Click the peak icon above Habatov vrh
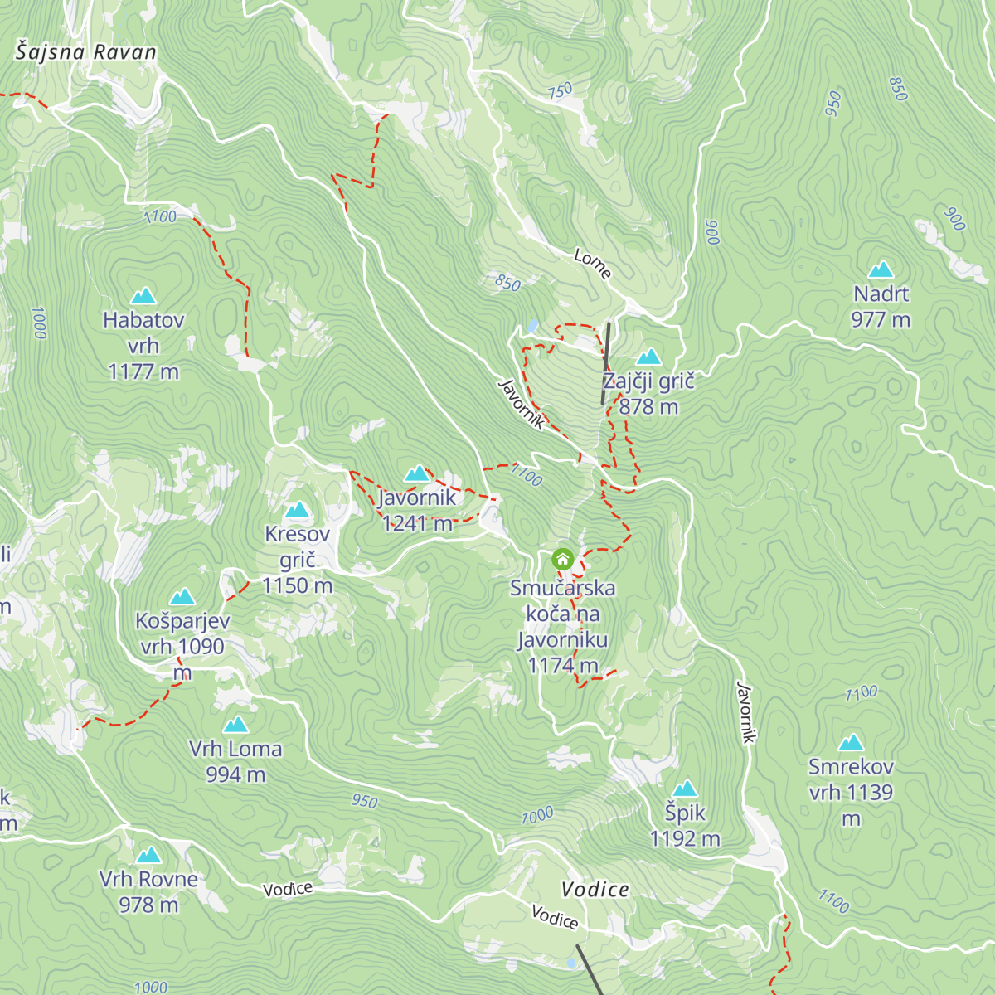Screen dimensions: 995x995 pos(143,296)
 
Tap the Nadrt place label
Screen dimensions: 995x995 pos(881,294)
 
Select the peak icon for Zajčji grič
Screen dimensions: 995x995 pos(648,357)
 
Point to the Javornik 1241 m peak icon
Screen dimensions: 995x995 pos(417,473)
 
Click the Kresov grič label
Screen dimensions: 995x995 pos(297,560)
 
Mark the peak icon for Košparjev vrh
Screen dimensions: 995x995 pos(182,597)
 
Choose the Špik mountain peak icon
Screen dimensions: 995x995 pos(685,789)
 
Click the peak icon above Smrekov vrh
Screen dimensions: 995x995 pos(851,743)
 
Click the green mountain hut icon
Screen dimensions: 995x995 pos(563,559)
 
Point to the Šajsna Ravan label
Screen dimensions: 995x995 pos(86,52)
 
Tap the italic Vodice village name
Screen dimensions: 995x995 pos(595,890)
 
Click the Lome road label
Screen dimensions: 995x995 pos(592,264)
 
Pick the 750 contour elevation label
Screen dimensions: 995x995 pos(560,91)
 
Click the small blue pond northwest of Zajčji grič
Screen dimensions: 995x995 pos(531,327)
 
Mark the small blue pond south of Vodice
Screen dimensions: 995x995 pos(570,963)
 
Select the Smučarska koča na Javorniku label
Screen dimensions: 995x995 pos(562,626)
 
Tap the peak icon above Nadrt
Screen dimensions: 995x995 pos(881,270)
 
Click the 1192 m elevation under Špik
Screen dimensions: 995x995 pos(685,838)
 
